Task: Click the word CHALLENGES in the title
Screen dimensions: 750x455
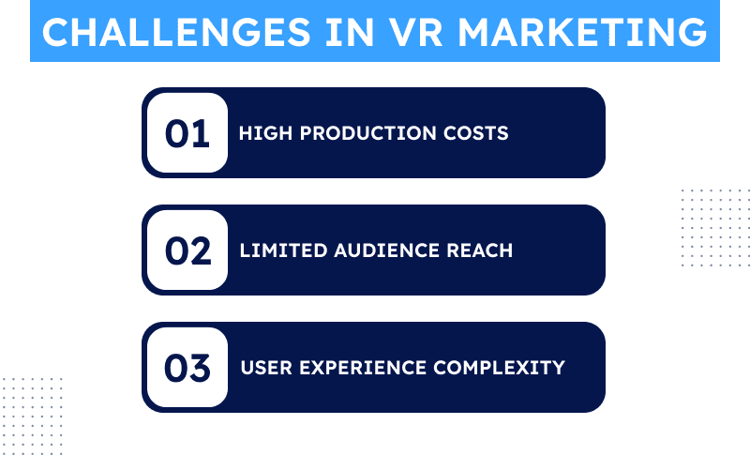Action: click(176, 33)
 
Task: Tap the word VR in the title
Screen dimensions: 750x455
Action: click(415, 33)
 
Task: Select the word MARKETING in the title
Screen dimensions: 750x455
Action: click(582, 33)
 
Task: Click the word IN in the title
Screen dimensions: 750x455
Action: click(349, 33)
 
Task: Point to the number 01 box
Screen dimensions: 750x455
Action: click(187, 132)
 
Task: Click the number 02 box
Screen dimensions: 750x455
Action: click(187, 250)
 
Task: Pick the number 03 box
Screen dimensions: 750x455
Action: click(187, 367)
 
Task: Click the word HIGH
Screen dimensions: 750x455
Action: click(265, 133)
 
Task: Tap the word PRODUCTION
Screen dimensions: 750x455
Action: click(367, 133)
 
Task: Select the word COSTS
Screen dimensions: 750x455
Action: click(476, 133)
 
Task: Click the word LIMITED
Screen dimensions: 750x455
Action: click(283, 250)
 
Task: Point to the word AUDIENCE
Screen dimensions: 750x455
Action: click(386, 250)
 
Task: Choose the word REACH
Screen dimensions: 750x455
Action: click(479, 250)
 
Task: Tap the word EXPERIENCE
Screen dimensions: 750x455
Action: click(363, 368)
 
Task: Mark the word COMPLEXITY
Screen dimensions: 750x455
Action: click(500, 368)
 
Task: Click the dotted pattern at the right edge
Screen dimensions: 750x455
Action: click(715, 228)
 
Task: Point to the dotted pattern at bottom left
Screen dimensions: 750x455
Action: click(32, 417)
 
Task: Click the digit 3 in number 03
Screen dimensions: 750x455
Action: click(199, 368)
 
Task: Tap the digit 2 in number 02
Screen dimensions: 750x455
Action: click(200, 250)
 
